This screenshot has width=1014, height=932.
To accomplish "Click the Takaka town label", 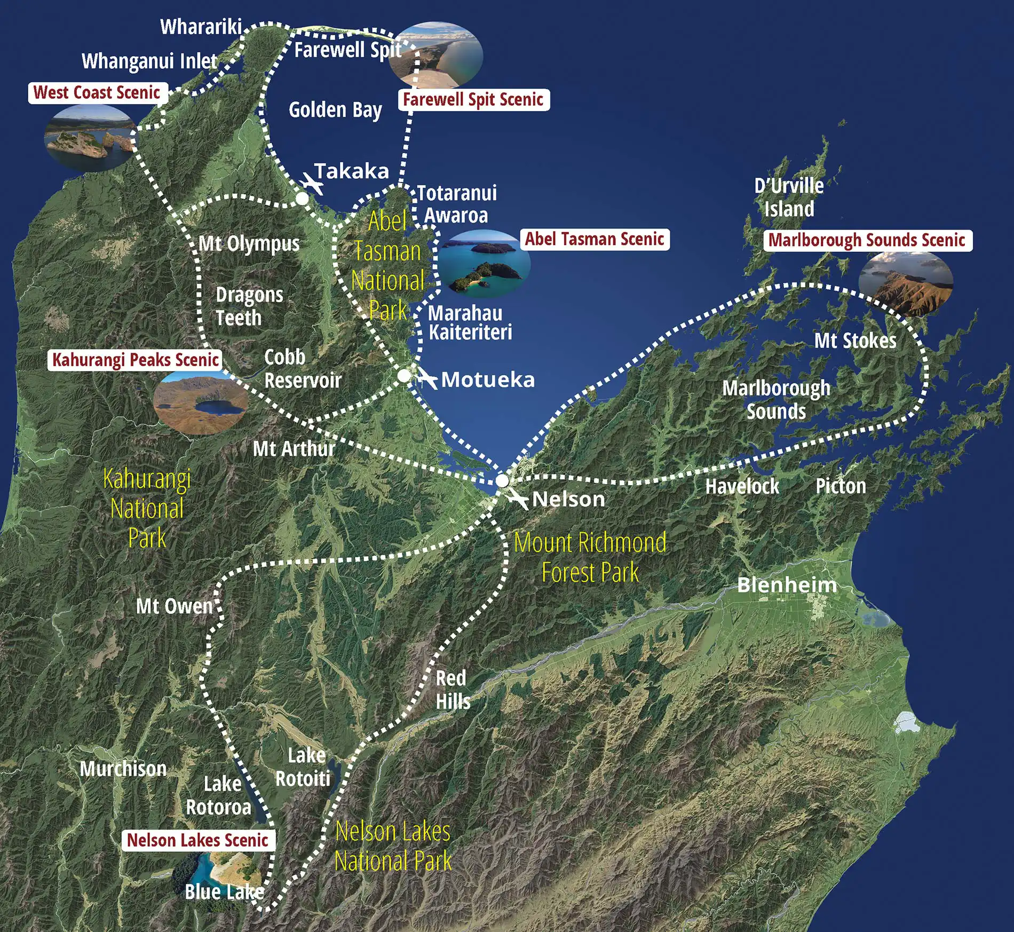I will (x=352, y=171).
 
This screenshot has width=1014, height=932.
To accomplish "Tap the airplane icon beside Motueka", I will (x=427, y=378).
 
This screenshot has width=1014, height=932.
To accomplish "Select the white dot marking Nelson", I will (x=502, y=480).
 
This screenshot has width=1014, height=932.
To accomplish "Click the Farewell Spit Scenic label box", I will (x=473, y=100).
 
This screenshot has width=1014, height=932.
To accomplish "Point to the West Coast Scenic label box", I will (x=97, y=93).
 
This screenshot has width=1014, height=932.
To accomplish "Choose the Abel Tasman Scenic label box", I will (x=595, y=239).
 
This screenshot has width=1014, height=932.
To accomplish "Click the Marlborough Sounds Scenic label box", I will (x=867, y=240).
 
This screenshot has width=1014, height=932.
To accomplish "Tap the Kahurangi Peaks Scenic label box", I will (x=136, y=360).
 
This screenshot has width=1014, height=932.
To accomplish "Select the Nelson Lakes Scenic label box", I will (x=197, y=840).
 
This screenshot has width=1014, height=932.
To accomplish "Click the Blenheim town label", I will (x=787, y=585).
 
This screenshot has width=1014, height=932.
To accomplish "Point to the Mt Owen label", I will (x=175, y=606).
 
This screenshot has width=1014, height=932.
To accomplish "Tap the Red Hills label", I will (x=453, y=690).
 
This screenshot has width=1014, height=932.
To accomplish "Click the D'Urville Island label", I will (x=789, y=198).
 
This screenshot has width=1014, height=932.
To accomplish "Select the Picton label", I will (x=841, y=486).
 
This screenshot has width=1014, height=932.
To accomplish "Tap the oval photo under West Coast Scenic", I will (x=90, y=138).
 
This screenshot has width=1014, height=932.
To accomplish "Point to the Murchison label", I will (x=123, y=769).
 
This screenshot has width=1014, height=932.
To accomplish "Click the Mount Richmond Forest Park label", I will (x=590, y=557).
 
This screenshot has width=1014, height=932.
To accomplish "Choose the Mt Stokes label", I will (x=855, y=341).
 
